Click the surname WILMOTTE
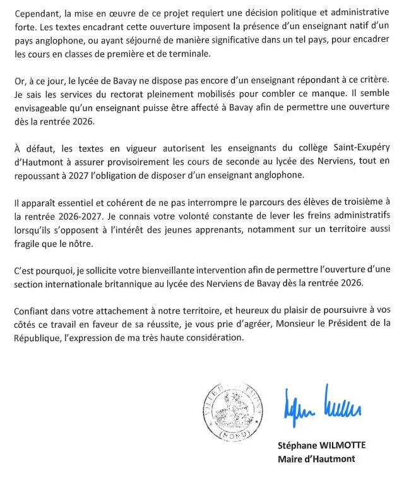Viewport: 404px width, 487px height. tap(341, 445)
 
